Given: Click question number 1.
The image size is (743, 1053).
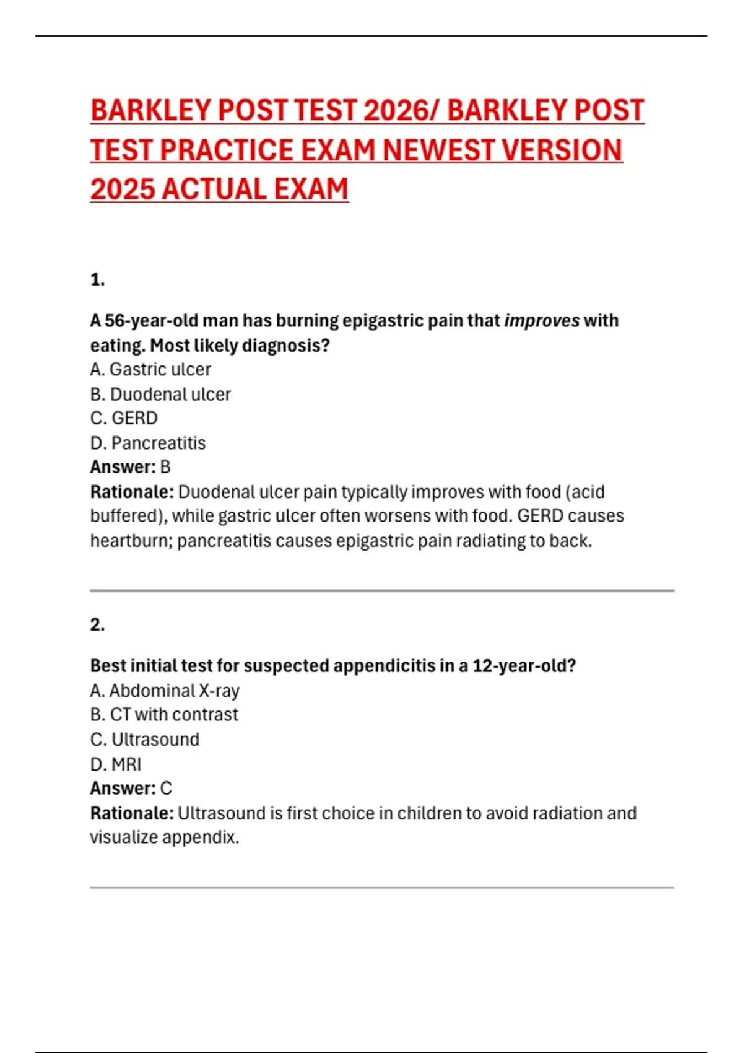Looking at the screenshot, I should coord(97,280).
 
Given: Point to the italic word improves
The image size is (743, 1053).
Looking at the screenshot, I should coord(542,321).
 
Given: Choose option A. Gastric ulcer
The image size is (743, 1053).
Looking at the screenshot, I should coord(150,369).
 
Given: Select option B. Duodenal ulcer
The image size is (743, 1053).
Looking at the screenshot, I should coord(160,394).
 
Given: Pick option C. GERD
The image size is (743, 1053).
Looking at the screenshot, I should coord(124,418).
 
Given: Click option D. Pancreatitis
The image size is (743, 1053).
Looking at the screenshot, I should coord(148,443).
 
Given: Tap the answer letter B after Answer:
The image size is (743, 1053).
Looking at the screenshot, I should coord(165,467).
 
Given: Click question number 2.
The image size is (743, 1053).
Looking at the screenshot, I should coord(97,624).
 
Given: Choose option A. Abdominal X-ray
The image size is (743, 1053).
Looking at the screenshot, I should coord(165,690).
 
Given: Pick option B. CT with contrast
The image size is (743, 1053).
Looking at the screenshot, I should coord(164,715).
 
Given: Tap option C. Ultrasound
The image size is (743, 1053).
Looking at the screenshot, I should coord(145,740).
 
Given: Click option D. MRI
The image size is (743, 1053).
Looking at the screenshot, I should coord(116,764).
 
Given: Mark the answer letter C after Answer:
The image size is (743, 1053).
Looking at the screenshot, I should coord(166,789).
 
